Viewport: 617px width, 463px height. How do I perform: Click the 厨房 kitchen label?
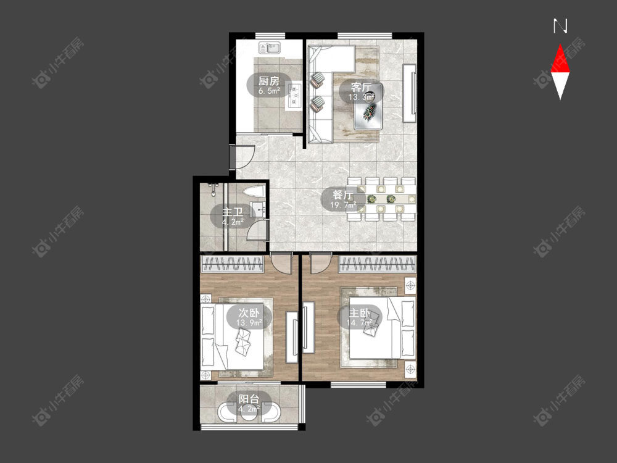[x=269, y=81]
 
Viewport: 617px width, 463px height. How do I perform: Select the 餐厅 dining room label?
[x=342, y=195]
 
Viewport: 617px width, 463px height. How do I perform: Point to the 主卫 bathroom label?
[x=233, y=212]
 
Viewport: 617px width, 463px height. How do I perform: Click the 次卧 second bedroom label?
[x=249, y=313]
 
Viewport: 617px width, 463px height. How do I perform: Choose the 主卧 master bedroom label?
[x=359, y=313]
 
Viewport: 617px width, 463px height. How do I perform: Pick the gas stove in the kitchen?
[x=295, y=96]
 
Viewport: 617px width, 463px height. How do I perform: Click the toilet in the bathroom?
[x=254, y=193]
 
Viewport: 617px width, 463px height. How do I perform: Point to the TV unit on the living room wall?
[x=410, y=93]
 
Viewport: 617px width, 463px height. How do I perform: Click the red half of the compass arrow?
[x=560, y=59]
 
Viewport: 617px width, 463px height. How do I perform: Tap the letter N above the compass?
[x=560, y=26]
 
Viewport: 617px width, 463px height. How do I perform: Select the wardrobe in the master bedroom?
[x=378, y=264]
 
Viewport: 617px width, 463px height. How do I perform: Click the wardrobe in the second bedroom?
[x=232, y=264]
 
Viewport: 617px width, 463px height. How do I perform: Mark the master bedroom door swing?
[x=320, y=263]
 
